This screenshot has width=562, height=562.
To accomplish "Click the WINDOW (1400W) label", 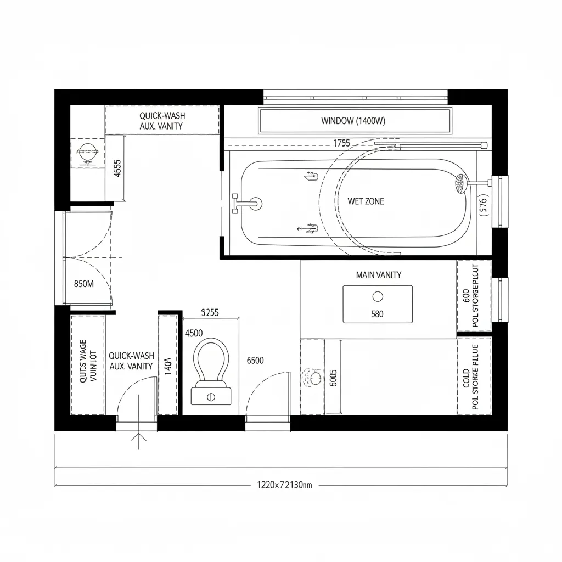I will (353, 121).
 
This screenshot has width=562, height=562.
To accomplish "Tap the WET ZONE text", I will (366, 201).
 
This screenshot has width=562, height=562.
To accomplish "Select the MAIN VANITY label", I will (378, 275).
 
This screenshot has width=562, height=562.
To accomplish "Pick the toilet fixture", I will (211, 371).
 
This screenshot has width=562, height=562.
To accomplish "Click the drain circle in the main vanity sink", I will (378, 296).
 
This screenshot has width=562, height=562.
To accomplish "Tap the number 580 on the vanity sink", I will (377, 314).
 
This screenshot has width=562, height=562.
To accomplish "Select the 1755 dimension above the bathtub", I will (341, 143).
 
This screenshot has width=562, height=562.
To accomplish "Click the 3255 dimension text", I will (210, 313).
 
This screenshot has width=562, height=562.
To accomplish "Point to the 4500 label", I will (194, 333).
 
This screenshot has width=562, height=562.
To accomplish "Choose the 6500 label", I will (255, 361).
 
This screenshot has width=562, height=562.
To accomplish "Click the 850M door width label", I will (84, 284).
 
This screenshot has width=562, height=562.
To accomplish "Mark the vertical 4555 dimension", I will (116, 168).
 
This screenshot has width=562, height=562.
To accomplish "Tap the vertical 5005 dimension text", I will (333, 377).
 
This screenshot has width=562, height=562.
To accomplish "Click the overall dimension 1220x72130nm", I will (284, 485).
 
